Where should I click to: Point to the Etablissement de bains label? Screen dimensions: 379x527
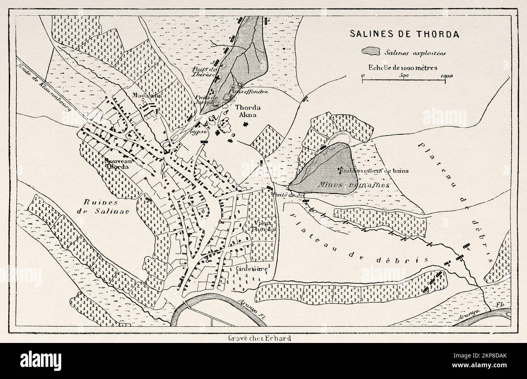click(374, 170)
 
